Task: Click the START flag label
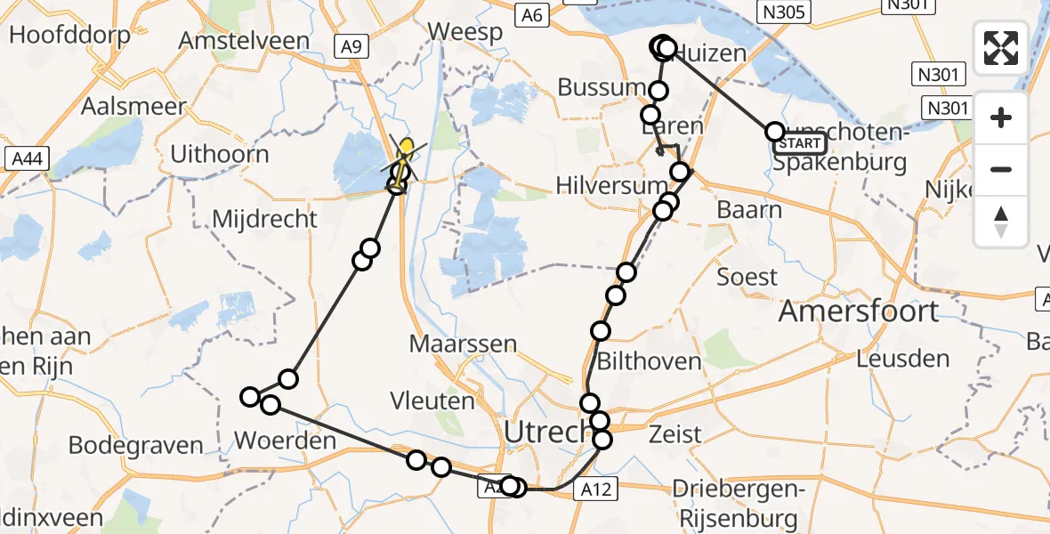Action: (800, 142)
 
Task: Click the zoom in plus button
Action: (1001, 118)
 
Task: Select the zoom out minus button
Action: (1001, 169)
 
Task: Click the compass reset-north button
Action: (1001, 221)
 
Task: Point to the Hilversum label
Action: (610, 184)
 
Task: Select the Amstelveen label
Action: (244, 41)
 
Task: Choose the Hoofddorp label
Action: (69, 36)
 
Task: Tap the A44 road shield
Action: (28, 159)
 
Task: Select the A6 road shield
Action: (532, 13)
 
